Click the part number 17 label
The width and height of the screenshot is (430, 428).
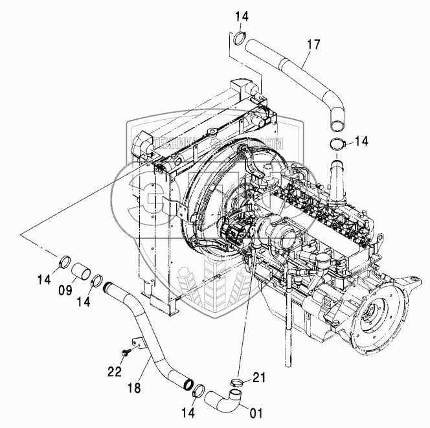click(x=313, y=45)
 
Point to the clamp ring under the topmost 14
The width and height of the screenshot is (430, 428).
click(x=240, y=37)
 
